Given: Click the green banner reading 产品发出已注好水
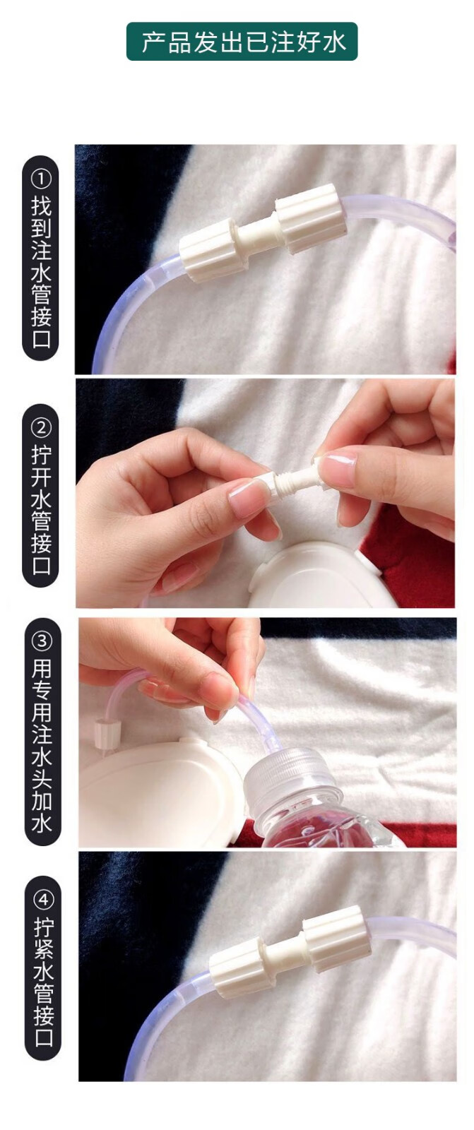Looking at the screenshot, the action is [242, 42].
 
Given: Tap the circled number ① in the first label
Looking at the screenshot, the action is [41, 178].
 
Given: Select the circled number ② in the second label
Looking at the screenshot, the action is [41, 428].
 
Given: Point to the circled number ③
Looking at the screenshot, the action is [42, 641].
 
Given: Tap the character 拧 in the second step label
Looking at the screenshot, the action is [41, 455].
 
